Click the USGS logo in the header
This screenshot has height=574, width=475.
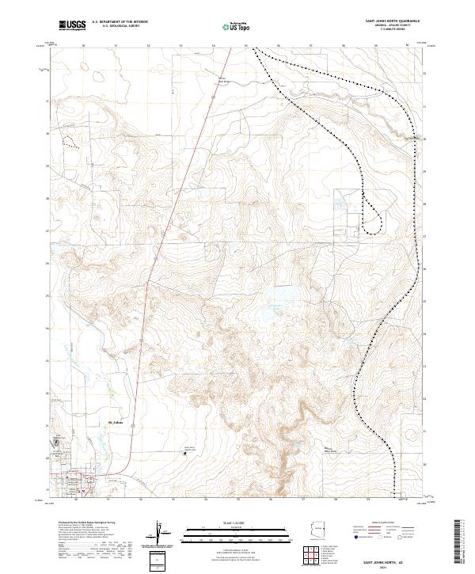(72, 25)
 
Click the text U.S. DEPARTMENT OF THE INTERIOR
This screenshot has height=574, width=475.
(120, 21)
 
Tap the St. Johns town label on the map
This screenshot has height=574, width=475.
(116, 423)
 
